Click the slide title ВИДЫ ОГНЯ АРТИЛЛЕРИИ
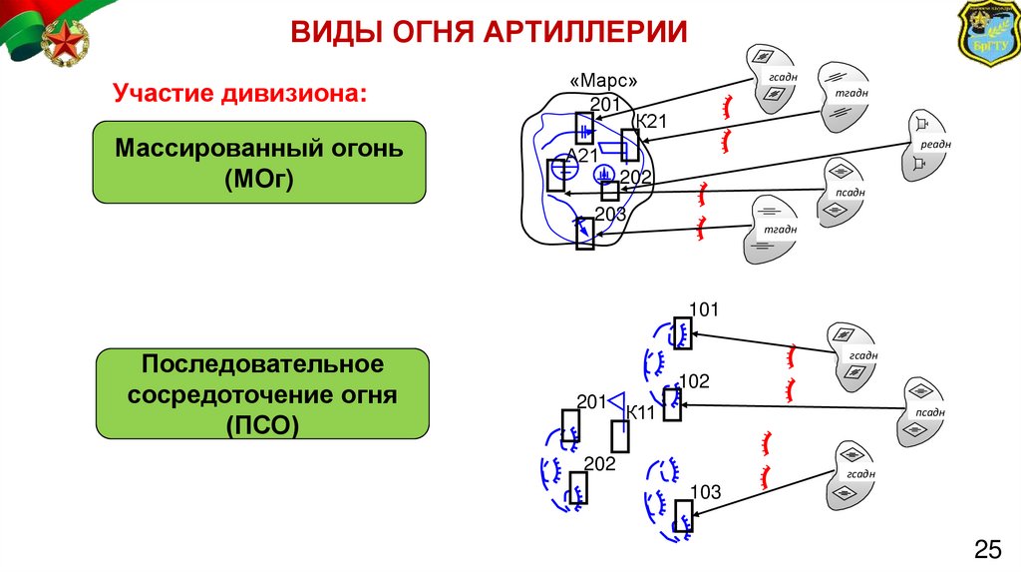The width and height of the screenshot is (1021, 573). pos(489,32)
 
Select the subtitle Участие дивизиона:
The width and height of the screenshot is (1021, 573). pos(239,94)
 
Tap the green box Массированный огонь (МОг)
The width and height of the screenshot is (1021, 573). pos(259,163)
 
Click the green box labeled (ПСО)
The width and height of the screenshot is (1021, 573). pos(262,393)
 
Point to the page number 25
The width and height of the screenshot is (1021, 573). pos(987,548)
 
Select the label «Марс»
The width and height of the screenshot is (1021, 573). pos(603,81)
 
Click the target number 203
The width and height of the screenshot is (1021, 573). pos(610,215)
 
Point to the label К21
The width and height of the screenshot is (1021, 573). pos(650,122)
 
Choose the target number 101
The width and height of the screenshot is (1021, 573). pos(704,309)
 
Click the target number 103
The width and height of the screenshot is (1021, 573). pos(705,490)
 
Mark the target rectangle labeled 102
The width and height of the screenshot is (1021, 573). pos(672,404)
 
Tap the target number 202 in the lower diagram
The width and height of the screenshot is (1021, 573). pos(599,463)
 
